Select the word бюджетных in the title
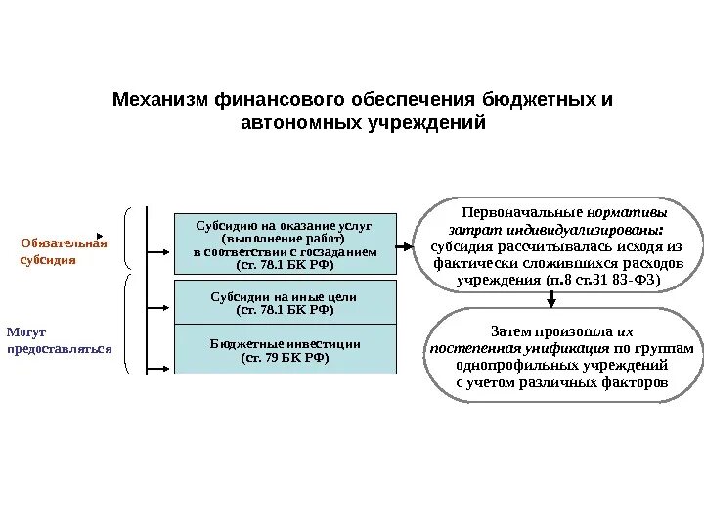tap(536, 101)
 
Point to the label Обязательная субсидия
tap(64, 251)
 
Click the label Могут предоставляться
tap(59, 340)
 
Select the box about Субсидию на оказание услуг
tap(286, 243)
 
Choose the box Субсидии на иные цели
tap(286, 302)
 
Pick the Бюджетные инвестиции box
tap(286, 350)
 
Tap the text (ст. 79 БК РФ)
tap(286, 358)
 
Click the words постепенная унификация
tap(518, 348)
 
